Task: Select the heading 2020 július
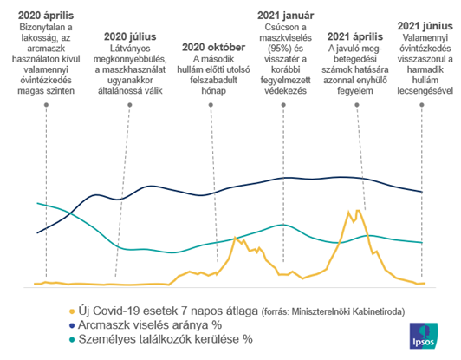point(133,38)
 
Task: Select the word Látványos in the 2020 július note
point(133,50)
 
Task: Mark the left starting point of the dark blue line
point(36,232)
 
